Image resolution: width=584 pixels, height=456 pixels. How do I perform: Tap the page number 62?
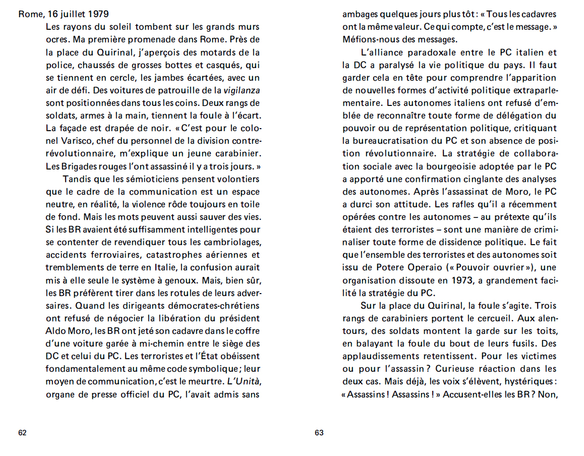(22, 432)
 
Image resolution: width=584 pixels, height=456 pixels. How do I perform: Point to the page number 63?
(319, 432)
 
